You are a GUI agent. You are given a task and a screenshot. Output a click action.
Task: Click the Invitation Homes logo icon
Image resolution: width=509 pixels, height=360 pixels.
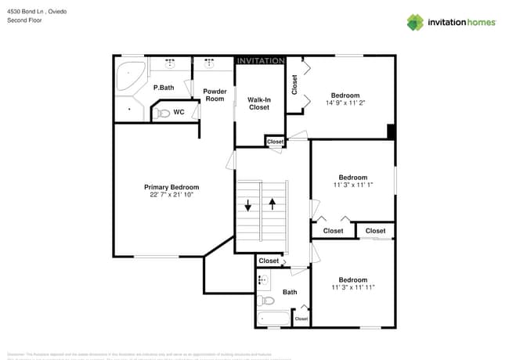tap(415, 22)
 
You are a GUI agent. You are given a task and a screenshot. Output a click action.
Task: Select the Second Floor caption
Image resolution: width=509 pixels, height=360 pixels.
tap(24, 21)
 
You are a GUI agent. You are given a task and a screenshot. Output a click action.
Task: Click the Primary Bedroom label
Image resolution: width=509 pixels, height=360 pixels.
tap(171, 187)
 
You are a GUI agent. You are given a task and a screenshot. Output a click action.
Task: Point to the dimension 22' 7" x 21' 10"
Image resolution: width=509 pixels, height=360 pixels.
tap(171, 195)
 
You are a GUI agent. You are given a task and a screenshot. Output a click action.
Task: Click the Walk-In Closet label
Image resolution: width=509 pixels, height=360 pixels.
tap(259, 103)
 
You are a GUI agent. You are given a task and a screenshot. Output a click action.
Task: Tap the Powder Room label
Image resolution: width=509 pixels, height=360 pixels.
tap(215, 95)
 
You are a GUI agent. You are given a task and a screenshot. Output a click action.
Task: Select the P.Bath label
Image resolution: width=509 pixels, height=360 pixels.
tap(163, 88)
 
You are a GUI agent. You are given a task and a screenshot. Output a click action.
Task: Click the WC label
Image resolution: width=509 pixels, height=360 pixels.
tap(179, 112)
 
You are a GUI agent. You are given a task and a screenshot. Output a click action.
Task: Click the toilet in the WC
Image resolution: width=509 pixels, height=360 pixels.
tap(162, 113)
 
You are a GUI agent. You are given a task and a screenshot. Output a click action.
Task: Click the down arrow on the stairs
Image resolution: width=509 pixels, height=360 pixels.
tap(248, 206)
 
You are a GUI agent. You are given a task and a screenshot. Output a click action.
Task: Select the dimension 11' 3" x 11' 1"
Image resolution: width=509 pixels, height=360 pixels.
tap(352, 185)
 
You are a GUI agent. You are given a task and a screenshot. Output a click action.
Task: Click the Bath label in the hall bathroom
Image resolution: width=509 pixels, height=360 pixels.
tap(290, 292)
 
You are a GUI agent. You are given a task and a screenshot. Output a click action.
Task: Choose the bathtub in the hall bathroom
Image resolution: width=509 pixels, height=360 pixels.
tap(273, 319)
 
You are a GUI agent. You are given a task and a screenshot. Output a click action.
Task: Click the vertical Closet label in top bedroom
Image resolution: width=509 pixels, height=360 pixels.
tap(294, 85)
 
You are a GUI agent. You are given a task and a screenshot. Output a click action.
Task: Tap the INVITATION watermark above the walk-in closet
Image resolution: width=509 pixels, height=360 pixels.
tap(260, 61)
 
